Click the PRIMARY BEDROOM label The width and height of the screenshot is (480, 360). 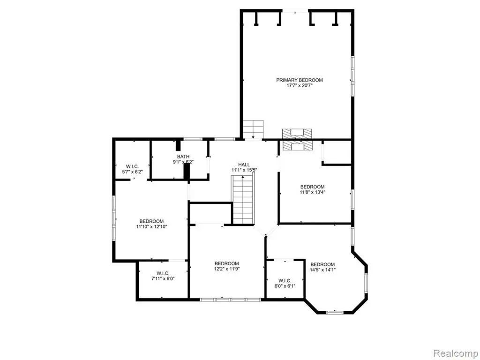pyautogui.click(x=300, y=80)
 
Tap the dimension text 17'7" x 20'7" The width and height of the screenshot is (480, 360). pyautogui.click(x=300, y=86)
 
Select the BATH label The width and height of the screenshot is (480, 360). pyautogui.click(x=183, y=157)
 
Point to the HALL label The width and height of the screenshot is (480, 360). pyautogui.click(x=244, y=165)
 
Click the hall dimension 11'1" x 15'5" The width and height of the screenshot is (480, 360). pyautogui.click(x=244, y=170)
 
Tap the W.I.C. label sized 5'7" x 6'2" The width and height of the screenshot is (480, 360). pyautogui.click(x=132, y=166)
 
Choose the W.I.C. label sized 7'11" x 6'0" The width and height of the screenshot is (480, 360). pyautogui.click(x=163, y=273)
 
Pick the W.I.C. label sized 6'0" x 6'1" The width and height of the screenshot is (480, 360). pyautogui.click(x=285, y=280)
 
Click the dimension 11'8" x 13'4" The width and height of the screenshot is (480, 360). pyautogui.click(x=312, y=192)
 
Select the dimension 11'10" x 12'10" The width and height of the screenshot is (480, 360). pyautogui.click(x=151, y=227)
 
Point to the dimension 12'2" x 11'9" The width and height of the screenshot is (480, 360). pyautogui.click(x=226, y=269)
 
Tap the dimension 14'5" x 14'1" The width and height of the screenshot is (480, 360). pyautogui.click(x=322, y=270)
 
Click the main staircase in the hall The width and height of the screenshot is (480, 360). pyautogui.click(x=243, y=200)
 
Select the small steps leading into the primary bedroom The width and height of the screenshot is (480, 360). pyautogui.click(x=253, y=129)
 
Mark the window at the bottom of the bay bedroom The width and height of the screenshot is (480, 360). pyautogui.click(x=335, y=312)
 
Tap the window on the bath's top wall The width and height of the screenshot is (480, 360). pyautogui.click(x=193, y=139)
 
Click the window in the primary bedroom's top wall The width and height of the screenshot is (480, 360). pyautogui.click(x=295, y=11)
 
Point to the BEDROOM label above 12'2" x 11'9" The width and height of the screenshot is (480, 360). pyautogui.click(x=226, y=263)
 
